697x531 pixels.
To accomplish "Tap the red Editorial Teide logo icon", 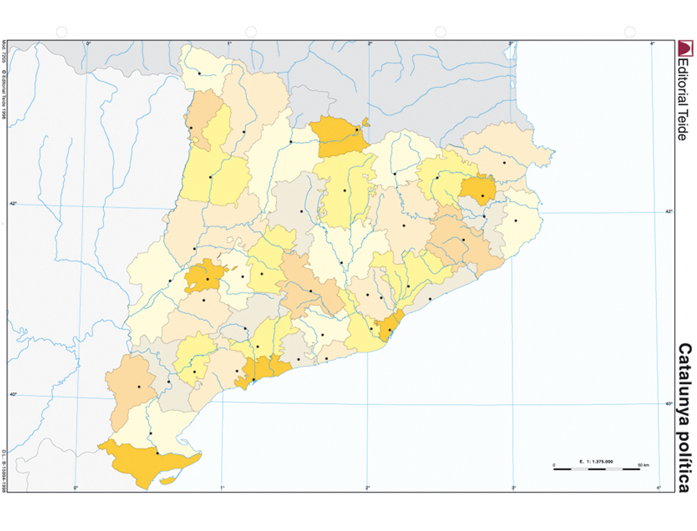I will (686, 48).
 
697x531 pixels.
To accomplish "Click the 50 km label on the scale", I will (643, 464).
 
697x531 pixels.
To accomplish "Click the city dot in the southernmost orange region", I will (158, 454).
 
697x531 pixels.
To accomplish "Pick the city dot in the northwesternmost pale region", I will (199, 73).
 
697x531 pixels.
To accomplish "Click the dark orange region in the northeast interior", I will (479, 187).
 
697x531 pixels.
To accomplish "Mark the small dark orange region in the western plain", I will (204, 277).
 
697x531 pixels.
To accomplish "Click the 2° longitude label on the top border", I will (369, 44).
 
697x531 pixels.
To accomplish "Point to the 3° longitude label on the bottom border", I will (514, 488).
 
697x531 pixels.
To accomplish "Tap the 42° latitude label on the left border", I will (13, 203).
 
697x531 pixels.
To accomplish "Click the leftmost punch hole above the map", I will (61, 31).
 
